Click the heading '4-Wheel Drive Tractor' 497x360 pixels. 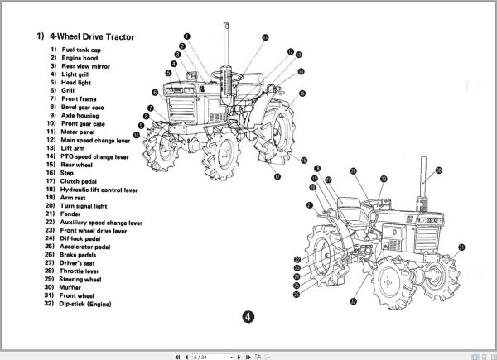91,36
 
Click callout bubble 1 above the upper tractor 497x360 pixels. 188,36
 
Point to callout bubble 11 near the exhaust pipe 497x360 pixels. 264,38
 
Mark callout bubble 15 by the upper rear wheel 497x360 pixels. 302,94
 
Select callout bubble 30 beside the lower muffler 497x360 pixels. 438,170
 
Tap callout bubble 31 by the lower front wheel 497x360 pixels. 461,247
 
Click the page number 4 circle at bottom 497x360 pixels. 248,316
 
